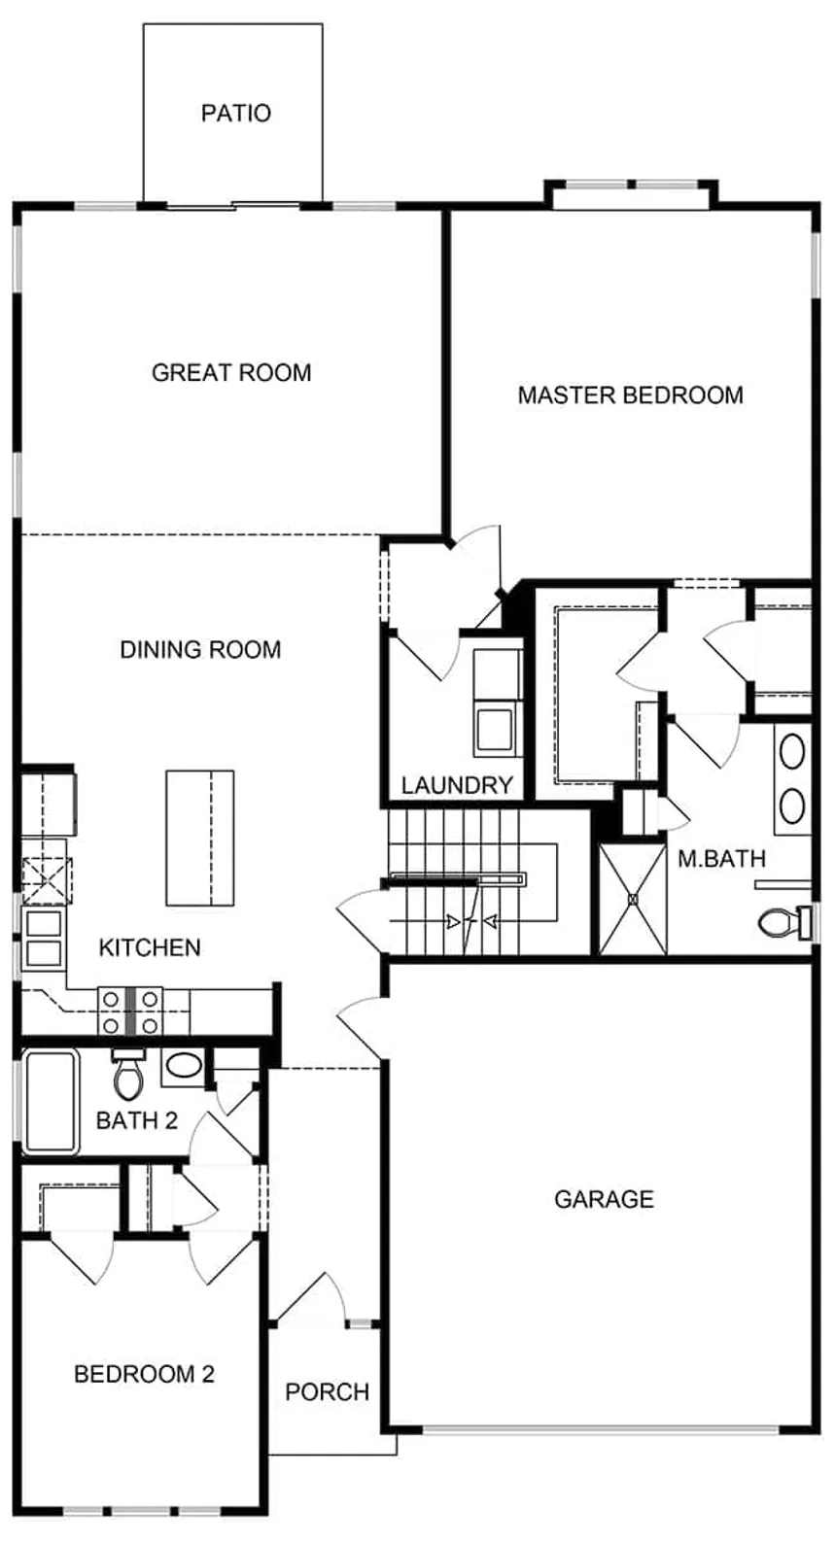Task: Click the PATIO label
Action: point(235,113)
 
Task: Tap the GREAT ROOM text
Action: point(231,373)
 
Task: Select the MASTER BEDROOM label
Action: point(631,395)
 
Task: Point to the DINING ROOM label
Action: point(200,650)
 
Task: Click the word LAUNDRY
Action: point(457,784)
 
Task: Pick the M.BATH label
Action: point(721,858)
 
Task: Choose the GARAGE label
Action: point(604,1199)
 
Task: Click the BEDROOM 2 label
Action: point(144,1374)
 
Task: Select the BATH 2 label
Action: point(136,1120)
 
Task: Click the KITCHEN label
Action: point(150,947)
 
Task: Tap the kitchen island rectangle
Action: point(200,838)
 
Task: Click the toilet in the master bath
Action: point(785,922)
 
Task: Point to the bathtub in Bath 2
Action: point(51,1102)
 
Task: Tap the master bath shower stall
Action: point(633,899)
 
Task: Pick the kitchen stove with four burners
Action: point(130,1011)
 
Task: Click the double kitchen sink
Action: point(43,939)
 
